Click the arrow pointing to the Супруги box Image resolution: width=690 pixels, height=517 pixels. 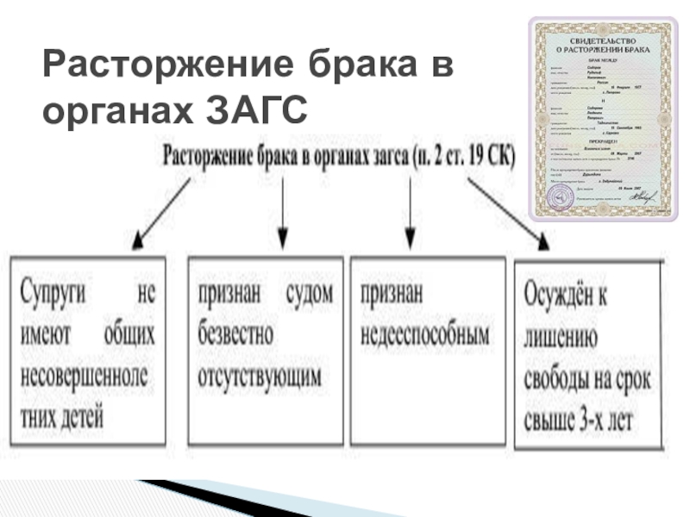[160, 213]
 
